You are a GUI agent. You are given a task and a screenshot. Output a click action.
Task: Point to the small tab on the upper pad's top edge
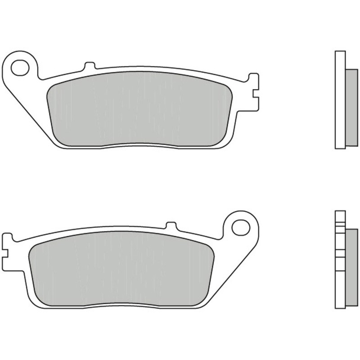click(90, 66)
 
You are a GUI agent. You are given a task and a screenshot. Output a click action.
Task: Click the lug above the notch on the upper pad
click(254, 81)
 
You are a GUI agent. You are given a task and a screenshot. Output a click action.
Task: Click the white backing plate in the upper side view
click(340, 100)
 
